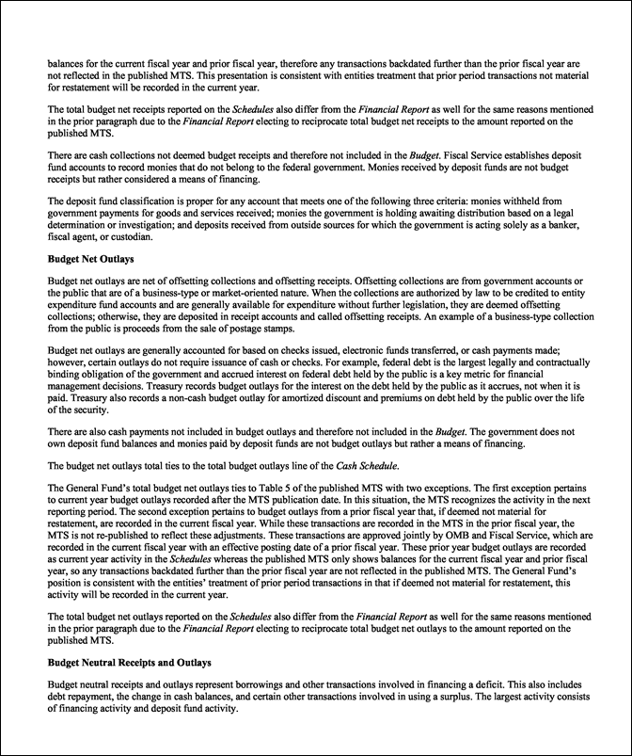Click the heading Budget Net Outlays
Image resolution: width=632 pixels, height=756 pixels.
pos(87,256)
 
